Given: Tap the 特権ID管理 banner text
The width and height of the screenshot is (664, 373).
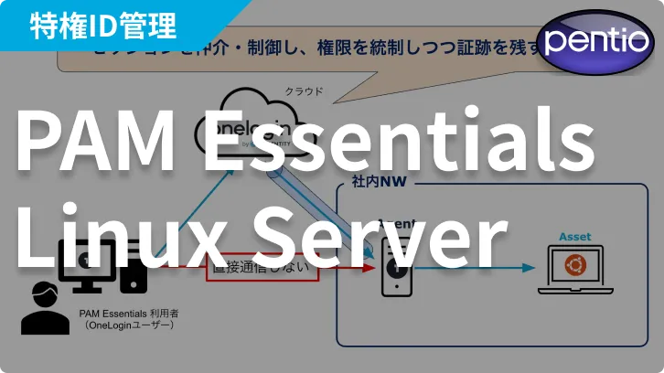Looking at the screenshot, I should [x=102, y=25].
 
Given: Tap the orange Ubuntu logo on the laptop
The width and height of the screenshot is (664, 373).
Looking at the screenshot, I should [x=575, y=266].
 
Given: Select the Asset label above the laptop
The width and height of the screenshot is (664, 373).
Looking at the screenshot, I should [x=575, y=237].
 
